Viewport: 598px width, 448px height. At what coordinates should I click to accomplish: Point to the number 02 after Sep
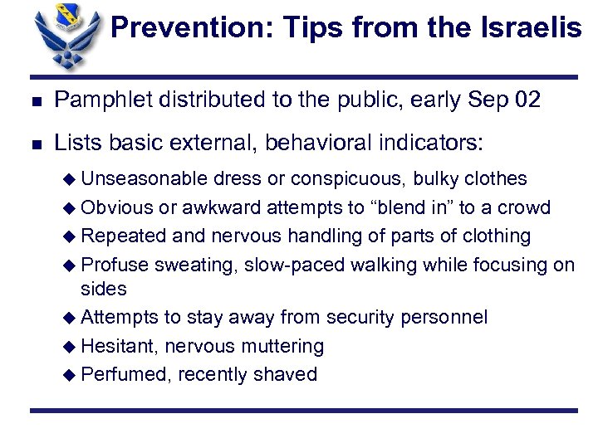527,100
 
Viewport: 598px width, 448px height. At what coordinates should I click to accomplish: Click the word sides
103,289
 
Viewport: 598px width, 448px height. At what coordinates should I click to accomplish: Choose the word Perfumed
122,375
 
